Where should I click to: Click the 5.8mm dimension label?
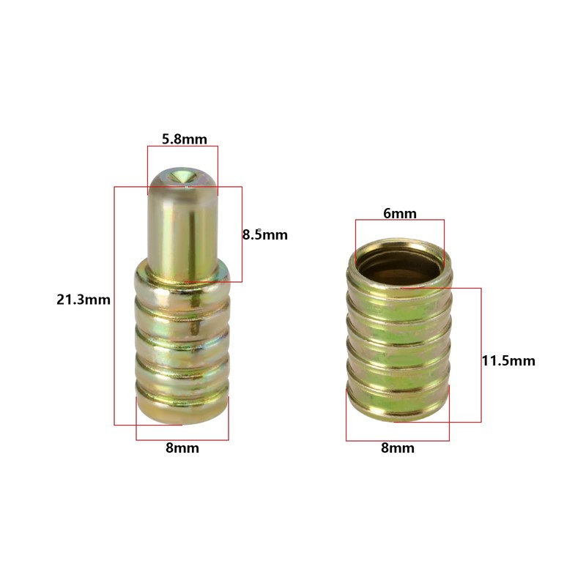(185, 139)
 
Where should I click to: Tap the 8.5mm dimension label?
(265, 234)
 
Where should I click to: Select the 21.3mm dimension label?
(84, 300)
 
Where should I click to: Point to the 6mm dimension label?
(399, 213)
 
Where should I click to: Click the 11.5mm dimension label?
(508, 360)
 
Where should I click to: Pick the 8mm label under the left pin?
(182, 448)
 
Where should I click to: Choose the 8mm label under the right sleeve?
(398, 448)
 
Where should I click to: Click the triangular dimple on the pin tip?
(184, 176)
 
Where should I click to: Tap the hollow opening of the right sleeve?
(398, 264)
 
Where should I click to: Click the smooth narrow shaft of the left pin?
(182, 231)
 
